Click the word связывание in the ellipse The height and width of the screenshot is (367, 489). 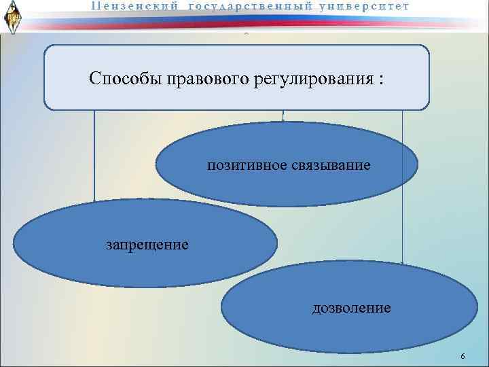click(x=332, y=165)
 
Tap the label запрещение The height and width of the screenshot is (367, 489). click(x=147, y=243)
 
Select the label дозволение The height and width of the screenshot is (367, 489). click(x=351, y=308)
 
